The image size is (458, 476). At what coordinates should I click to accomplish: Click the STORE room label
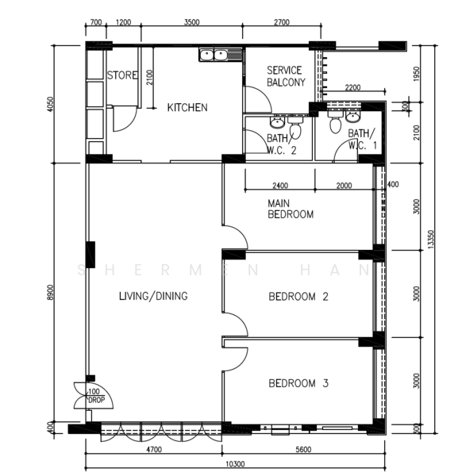[122, 75]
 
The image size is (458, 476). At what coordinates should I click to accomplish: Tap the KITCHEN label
[187, 107]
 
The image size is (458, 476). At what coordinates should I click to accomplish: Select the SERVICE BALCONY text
[286, 76]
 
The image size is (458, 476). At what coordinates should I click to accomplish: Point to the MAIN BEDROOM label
[291, 209]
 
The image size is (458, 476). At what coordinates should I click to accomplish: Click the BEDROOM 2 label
[298, 296]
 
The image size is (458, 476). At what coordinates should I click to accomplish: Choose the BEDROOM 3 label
[298, 383]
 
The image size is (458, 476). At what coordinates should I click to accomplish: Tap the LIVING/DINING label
[153, 296]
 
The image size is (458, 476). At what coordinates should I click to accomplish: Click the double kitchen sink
[214, 55]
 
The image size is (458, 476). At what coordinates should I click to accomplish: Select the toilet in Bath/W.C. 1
[335, 121]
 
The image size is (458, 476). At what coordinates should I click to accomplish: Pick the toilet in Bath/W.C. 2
[295, 128]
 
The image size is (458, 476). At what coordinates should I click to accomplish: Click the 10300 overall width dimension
[235, 464]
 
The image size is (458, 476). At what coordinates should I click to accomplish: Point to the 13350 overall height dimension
[431, 240]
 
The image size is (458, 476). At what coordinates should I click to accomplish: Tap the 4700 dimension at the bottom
[154, 450]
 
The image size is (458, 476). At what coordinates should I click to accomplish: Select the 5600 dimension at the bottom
[303, 450]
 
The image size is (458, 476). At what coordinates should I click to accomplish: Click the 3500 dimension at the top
[192, 22]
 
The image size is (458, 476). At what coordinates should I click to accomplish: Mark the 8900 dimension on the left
[51, 293]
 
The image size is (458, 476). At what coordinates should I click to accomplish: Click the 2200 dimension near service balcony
[352, 88]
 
